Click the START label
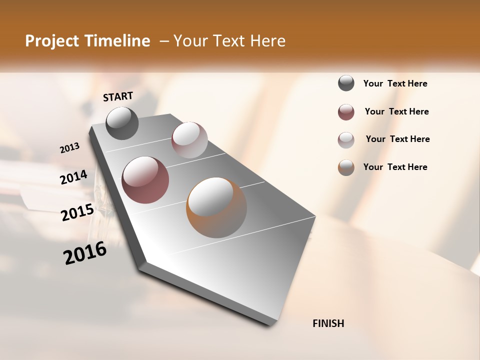tap(118, 96)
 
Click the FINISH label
tap(328, 323)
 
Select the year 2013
tap(70, 147)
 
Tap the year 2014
tap(74, 177)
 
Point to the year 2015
tap(77, 212)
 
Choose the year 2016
tap(85, 253)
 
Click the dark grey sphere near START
tap(122, 123)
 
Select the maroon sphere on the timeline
tap(145, 180)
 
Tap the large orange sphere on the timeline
tap(216, 207)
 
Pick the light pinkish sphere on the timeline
tap(189, 140)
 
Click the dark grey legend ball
tap(346, 83)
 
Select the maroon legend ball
tap(346, 112)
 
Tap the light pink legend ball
tap(346, 140)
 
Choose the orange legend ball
tap(346, 167)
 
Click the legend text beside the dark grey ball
tap(395, 84)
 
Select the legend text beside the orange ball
tap(395, 167)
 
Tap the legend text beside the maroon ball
tap(396, 111)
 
